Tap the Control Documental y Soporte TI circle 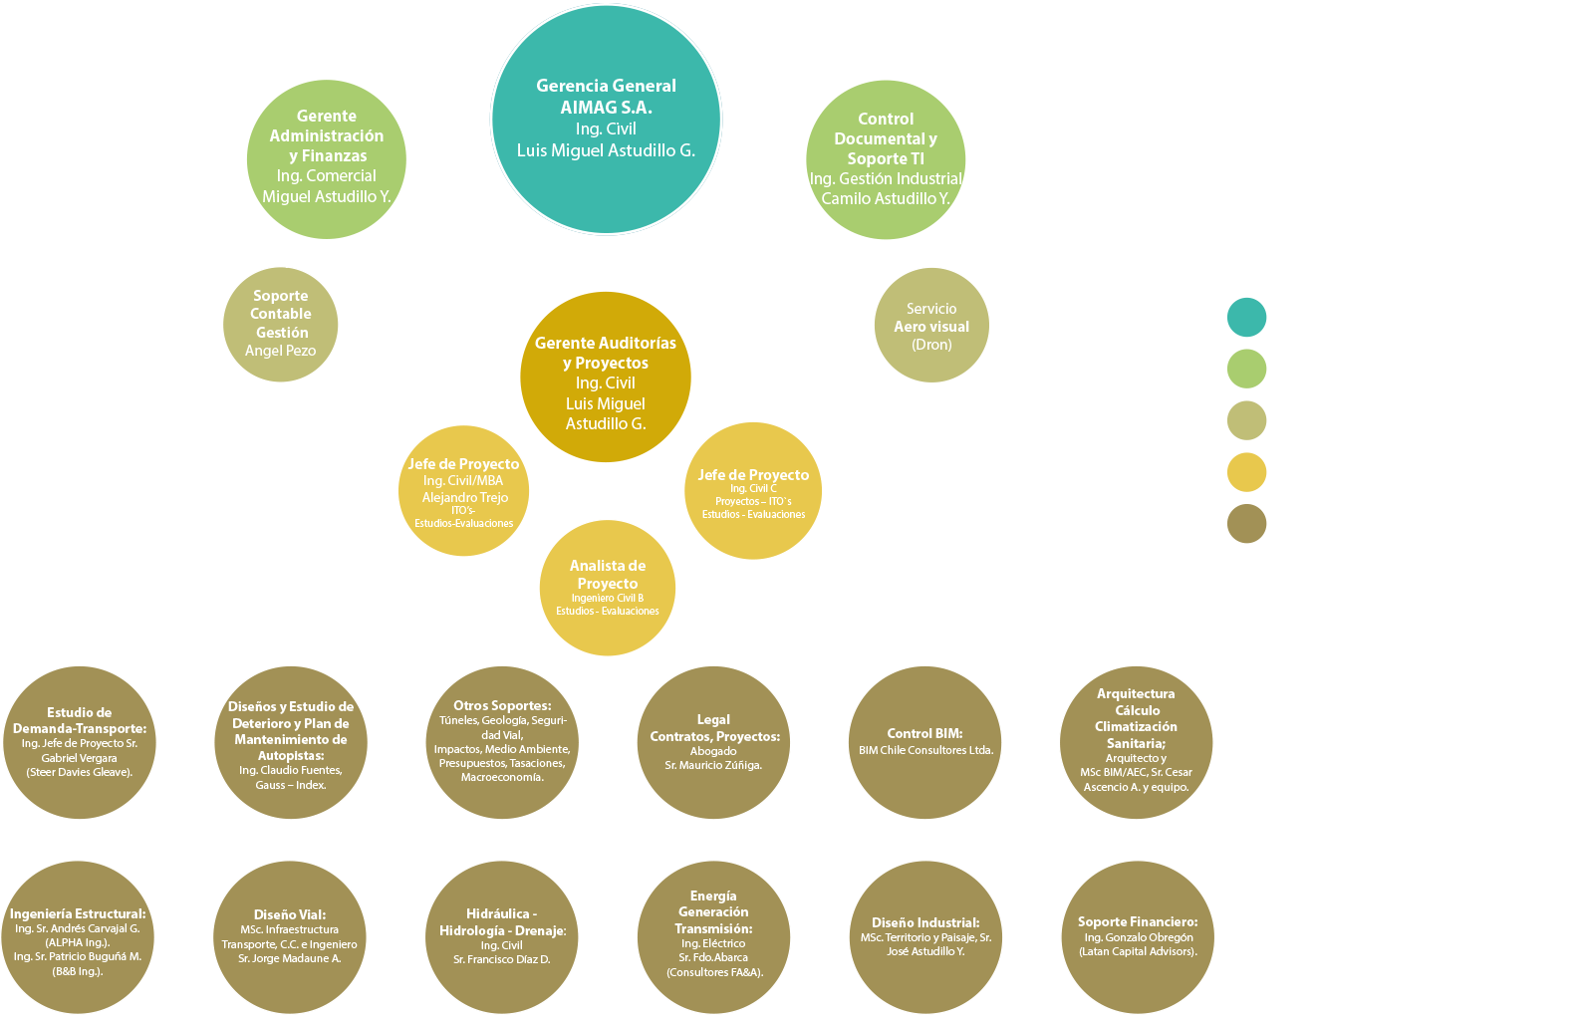pyautogui.click(x=886, y=159)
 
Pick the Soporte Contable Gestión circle pyautogui.click(x=281, y=324)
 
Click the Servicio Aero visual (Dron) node pyautogui.click(x=931, y=326)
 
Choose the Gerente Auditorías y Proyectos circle pyautogui.click(x=606, y=379)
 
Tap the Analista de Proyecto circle pyautogui.click(x=608, y=588)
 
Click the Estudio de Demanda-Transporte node pyautogui.click(x=80, y=742)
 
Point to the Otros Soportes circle pyautogui.click(x=502, y=742)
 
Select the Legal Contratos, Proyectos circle pyautogui.click(x=714, y=742)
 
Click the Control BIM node pyautogui.click(x=925, y=742)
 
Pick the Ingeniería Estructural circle pyautogui.click(x=78, y=938)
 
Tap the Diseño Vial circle pyautogui.click(x=290, y=936)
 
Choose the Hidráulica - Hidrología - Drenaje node pyautogui.click(x=502, y=936)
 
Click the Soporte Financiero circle pyautogui.click(x=1138, y=936)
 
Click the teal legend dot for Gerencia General pyautogui.click(x=1246, y=317)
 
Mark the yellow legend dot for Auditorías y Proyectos pyautogui.click(x=1246, y=471)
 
